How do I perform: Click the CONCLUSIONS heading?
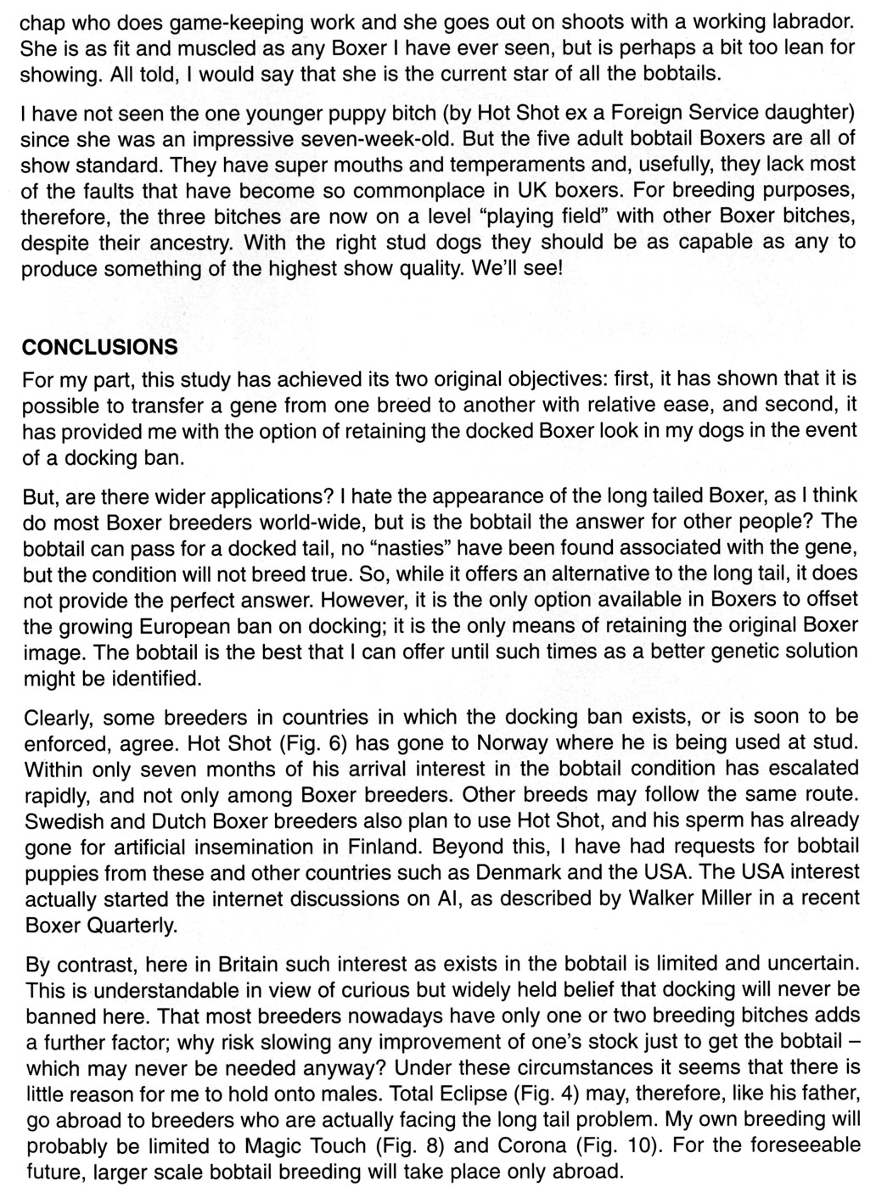(100, 348)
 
